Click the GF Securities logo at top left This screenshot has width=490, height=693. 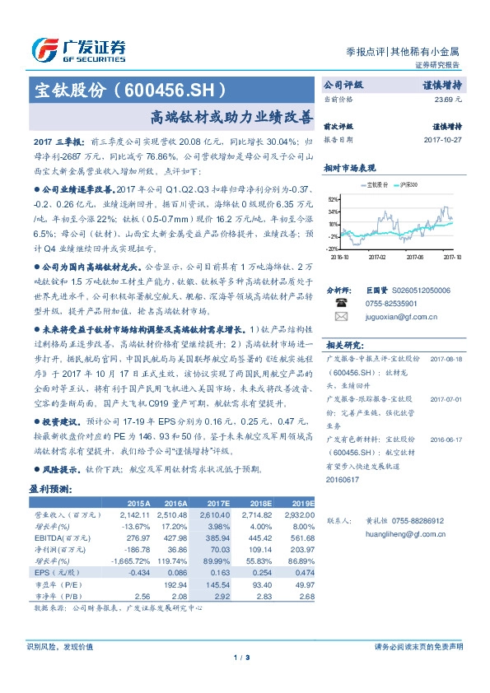(x=78, y=49)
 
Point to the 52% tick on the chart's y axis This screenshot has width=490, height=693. (x=332, y=199)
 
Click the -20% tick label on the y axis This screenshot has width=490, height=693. (x=331, y=248)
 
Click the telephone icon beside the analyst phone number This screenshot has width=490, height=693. (x=342, y=303)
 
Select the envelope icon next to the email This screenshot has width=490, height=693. (x=342, y=316)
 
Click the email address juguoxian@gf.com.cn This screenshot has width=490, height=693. (x=399, y=316)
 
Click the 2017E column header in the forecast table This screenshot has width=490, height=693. (x=219, y=502)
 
